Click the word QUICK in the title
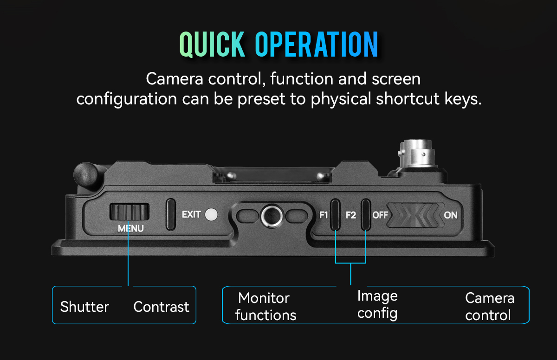point(212,45)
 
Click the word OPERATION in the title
point(317,45)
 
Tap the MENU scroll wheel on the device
point(130,212)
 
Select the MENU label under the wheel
point(130,228)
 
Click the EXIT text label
point(191,214)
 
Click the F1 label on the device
point(324,215)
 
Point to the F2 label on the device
point(350,215)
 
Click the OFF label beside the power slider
point(380,215)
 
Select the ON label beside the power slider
point(451,215)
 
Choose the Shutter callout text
point(84,307)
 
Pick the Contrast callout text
point(161,307)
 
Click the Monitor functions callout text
point(265,306)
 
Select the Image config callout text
point(377,304)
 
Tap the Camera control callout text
point(489,306)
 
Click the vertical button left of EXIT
point(171,214)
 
